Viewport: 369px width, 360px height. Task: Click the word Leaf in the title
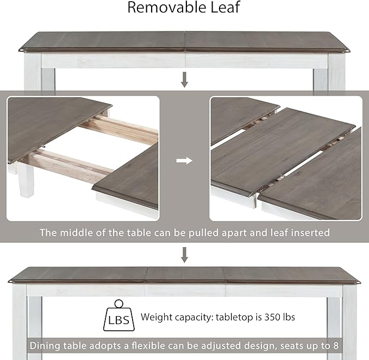pos(226,7)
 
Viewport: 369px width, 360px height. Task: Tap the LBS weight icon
pos(119,315)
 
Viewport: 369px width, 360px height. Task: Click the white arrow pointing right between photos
pos(184,161)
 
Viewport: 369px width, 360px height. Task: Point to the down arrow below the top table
pos(185,80)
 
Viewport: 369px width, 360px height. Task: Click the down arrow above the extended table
pos(185,255)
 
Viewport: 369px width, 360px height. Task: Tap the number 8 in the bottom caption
pos(336,346)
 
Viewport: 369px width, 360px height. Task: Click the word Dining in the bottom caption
pos(45,346)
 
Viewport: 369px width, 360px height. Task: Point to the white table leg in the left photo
pos(26,179)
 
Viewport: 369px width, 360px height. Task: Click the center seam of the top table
pos(185,41)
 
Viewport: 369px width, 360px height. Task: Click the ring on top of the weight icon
pos(119,304)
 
